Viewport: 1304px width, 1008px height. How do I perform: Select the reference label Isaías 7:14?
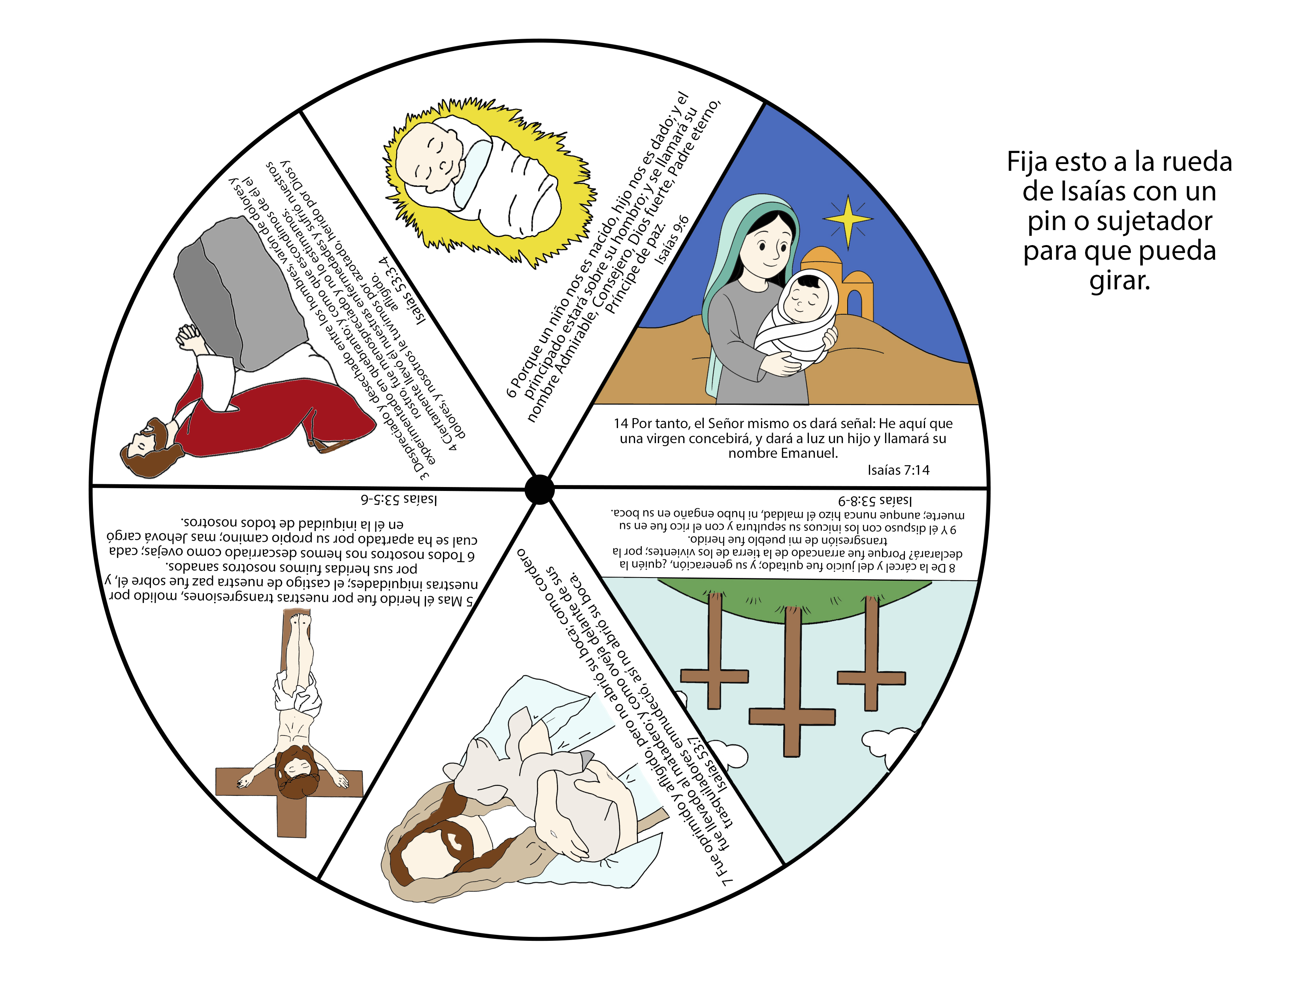point(898,470)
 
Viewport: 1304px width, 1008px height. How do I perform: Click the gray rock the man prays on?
point(239,293)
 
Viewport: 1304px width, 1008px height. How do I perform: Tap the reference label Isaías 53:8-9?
point(875,500)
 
